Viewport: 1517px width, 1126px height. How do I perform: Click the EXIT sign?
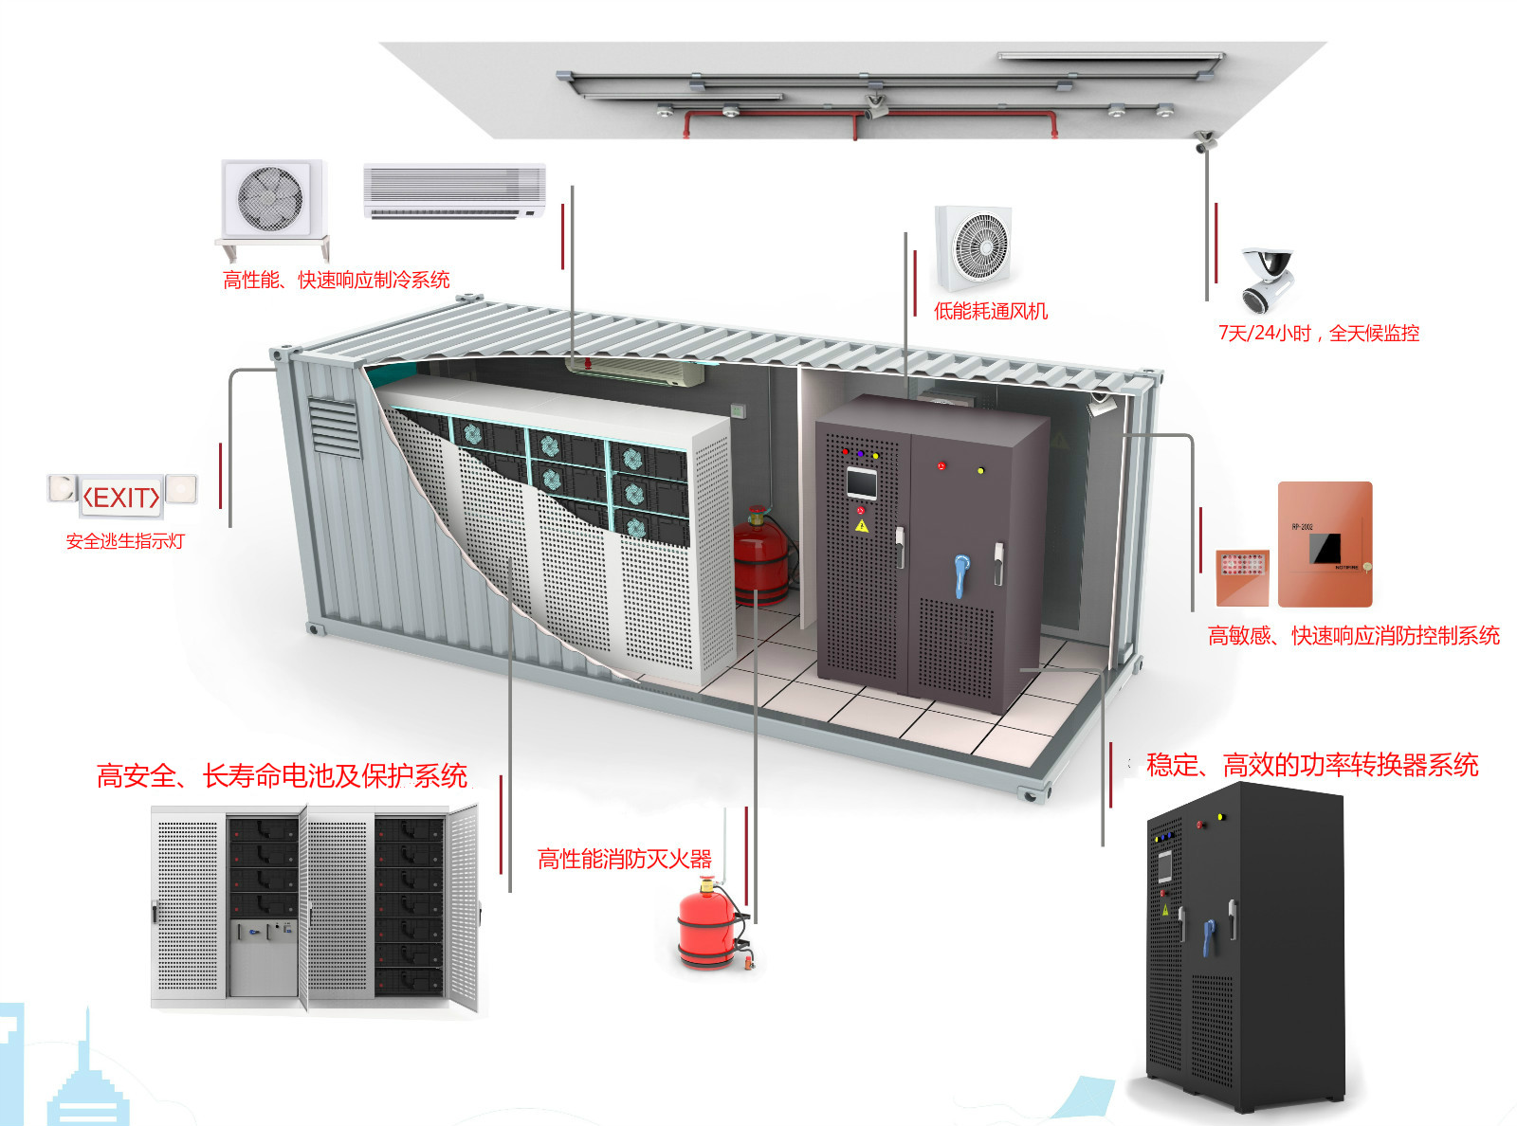click(122, 497)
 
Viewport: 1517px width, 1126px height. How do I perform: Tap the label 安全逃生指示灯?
click(125, 541)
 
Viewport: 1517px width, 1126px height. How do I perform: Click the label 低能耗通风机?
click(991, 311)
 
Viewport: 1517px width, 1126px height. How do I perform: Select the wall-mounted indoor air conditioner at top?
click(454, 191)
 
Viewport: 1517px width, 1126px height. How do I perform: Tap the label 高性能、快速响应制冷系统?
click(336, 280)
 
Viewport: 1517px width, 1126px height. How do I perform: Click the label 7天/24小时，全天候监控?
click(1319, 333)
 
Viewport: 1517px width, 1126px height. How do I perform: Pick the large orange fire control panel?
click(1325, 544)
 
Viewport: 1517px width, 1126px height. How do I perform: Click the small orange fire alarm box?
click(1243, 576)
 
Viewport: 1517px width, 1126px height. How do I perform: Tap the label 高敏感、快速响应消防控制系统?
click(1353, 636)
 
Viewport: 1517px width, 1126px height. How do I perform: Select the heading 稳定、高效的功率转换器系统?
click(1312, 765)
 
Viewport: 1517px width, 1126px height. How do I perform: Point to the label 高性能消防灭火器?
click(624, 859)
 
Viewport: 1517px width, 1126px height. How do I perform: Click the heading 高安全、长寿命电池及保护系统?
click(282, 776)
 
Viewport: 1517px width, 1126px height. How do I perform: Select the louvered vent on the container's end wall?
click(334, 427)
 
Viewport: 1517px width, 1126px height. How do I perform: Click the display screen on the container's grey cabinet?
click(862, 483)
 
